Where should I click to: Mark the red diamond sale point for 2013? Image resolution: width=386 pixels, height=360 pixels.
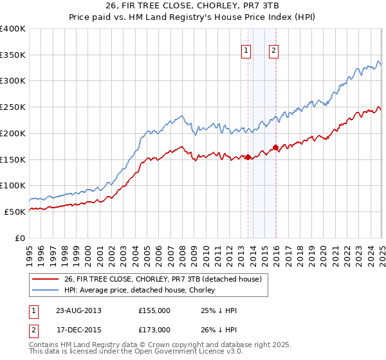tap(248, 157)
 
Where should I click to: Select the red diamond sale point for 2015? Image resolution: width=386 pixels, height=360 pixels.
tap(275, 148)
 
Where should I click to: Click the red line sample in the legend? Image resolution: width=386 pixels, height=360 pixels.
tap(47, 279)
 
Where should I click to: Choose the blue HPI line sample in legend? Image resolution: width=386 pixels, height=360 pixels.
tap(47, 290)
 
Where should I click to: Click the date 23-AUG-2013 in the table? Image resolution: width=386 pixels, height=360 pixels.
tap(78, 310)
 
